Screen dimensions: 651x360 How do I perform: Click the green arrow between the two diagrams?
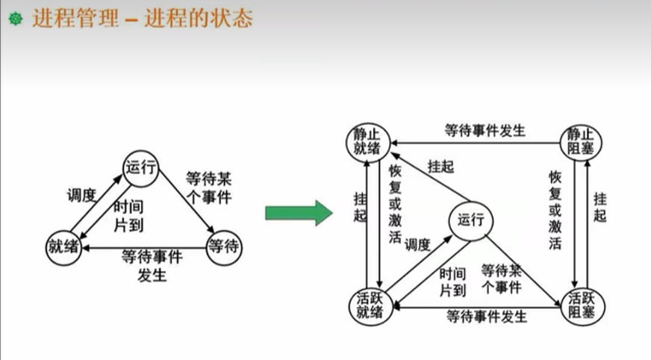298,213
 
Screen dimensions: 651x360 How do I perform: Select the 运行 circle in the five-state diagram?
470,220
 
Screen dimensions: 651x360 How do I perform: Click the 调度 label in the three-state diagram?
81,196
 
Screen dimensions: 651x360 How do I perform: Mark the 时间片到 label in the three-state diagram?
128,215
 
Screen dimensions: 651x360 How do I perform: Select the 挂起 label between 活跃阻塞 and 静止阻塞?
600,207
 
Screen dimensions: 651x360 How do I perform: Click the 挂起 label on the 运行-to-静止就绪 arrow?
439,167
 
